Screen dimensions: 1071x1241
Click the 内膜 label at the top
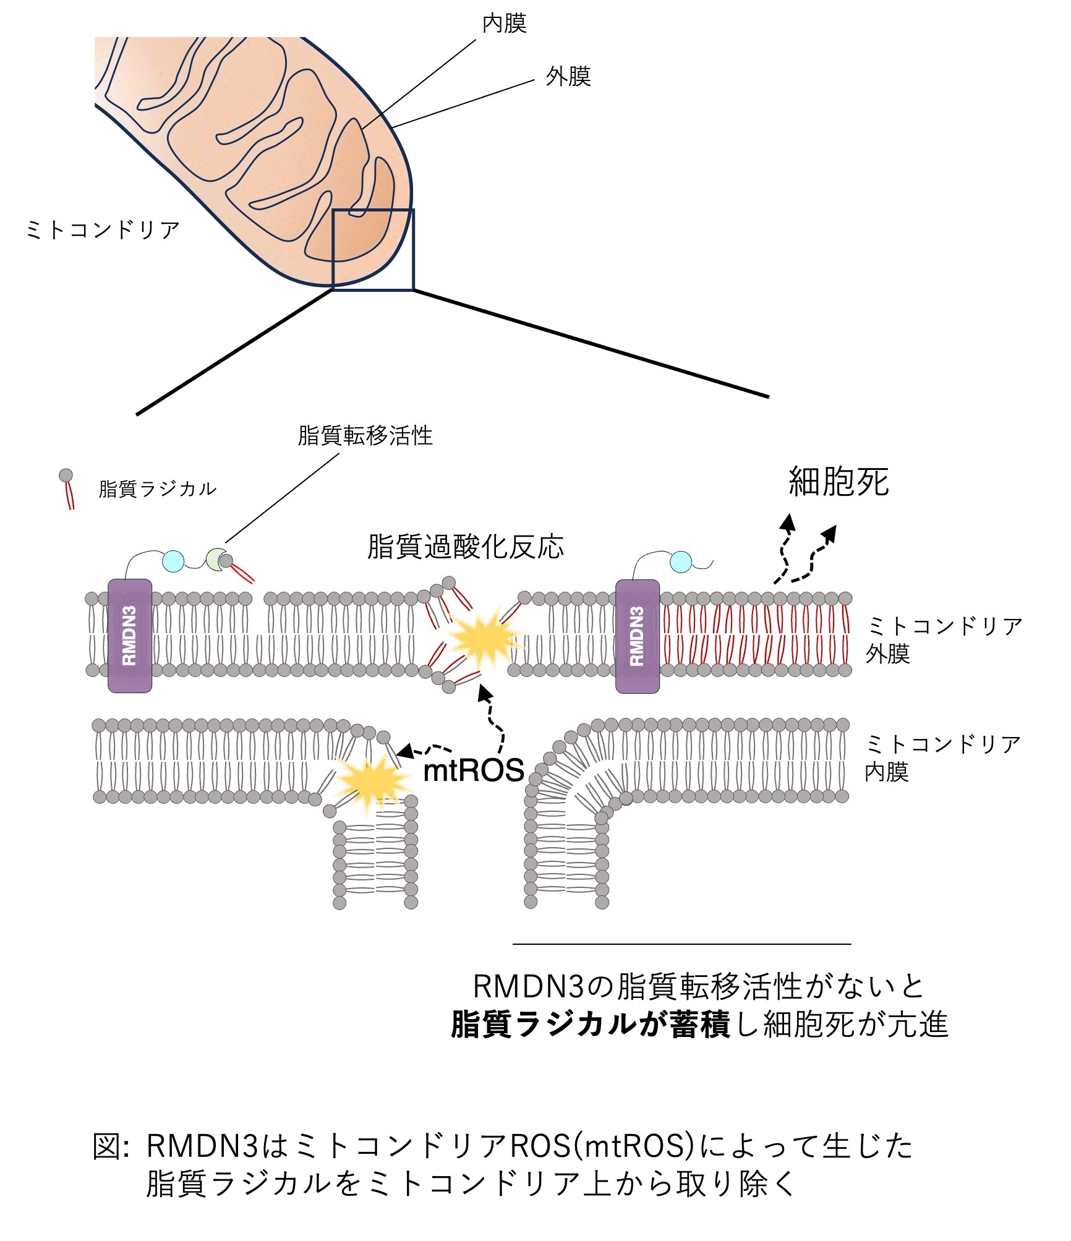tap(504, 23)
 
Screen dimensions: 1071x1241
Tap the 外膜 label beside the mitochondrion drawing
tap(568, 77)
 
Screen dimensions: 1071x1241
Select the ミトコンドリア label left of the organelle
tap(102, 230)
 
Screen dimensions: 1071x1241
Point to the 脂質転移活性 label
tap(365, 435)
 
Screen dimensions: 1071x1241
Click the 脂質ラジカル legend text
tap(158, 488)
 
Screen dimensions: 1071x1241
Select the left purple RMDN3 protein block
tap(130, 636)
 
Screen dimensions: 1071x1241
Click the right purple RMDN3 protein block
tap(638, 636)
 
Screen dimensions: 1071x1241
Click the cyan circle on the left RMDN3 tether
tap(173, 561)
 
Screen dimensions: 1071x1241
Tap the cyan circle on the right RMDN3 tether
tap(681, 561)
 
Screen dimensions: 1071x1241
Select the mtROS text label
tap(474, 770)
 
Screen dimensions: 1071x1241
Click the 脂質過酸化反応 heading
tap(465, 547)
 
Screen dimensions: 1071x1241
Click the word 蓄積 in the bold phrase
tap(699, 1023)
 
